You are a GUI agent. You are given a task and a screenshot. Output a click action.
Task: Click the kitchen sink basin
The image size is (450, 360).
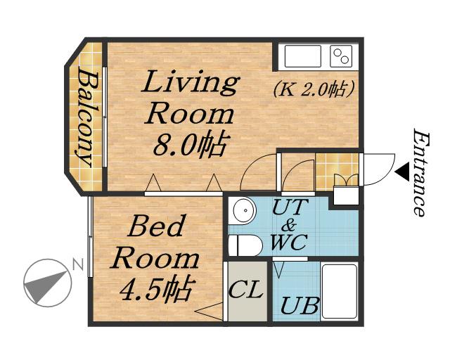point(302,56)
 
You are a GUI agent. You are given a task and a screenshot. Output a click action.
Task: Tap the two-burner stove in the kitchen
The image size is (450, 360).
point(341,56)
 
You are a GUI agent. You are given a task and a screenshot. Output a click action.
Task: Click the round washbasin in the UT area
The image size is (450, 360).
point(244,210)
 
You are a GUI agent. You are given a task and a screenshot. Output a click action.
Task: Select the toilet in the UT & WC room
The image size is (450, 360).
point(245,245)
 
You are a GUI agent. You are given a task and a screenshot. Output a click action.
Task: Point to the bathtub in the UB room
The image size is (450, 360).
point(340,291)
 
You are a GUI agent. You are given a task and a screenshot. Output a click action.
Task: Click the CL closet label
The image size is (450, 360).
point(246,290)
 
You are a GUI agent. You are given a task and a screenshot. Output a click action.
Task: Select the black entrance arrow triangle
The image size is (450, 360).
point(402,172)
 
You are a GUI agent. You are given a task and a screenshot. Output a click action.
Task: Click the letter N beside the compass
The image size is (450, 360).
point(78,264)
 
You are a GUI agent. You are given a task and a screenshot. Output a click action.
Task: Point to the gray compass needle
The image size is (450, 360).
point(45,286)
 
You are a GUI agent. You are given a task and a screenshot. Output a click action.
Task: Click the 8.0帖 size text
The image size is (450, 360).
point(188,145)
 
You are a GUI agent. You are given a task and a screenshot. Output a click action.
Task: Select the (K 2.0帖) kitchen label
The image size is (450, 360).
point(314,89)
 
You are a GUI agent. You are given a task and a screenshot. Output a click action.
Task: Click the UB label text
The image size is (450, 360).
point(300,305)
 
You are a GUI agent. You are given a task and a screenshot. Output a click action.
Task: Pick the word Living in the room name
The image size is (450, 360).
point(190,83)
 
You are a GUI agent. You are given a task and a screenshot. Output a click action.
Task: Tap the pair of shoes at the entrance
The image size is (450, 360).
point(347,180)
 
